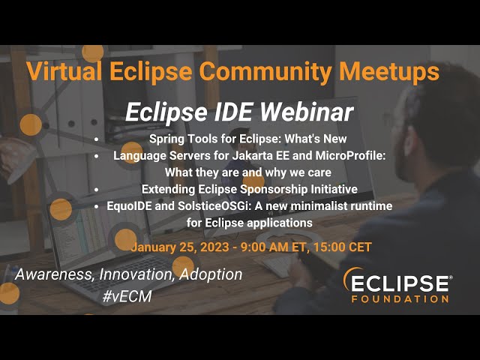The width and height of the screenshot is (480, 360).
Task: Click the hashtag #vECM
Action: [x=127, y=297]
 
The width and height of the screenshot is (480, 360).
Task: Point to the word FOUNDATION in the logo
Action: [x=400, y=298]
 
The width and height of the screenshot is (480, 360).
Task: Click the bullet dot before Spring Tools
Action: [x=97, y=140]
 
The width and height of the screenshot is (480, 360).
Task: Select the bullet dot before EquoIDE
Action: [x=97, y=205]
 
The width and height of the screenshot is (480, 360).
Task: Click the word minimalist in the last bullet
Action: [x=324, y=205]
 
